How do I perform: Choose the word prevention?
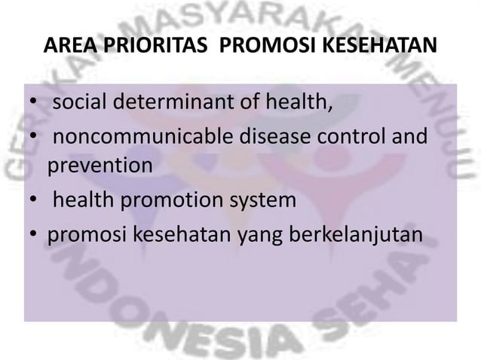[x=100, y=165]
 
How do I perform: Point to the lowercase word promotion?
[x=181, y=202]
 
